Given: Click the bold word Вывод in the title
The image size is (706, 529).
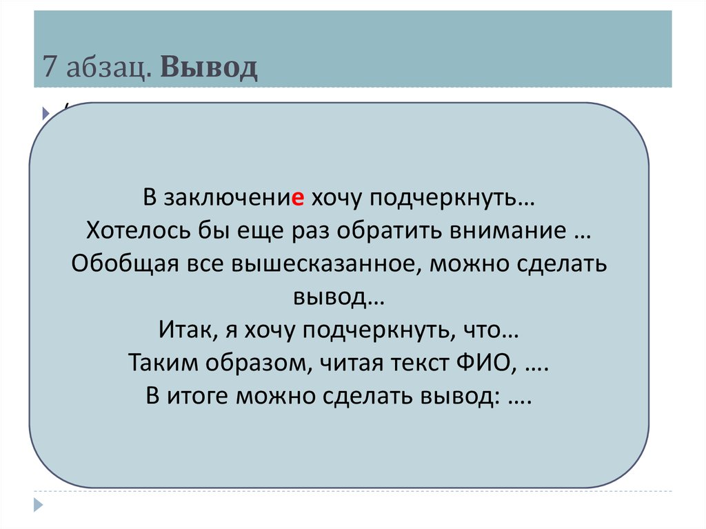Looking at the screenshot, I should pos(210,68).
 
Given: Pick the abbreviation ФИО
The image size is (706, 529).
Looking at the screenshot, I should pos(488,363).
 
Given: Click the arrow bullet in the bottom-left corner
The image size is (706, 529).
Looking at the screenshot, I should pos(39,503).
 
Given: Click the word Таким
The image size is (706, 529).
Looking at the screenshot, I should pos(159,363).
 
